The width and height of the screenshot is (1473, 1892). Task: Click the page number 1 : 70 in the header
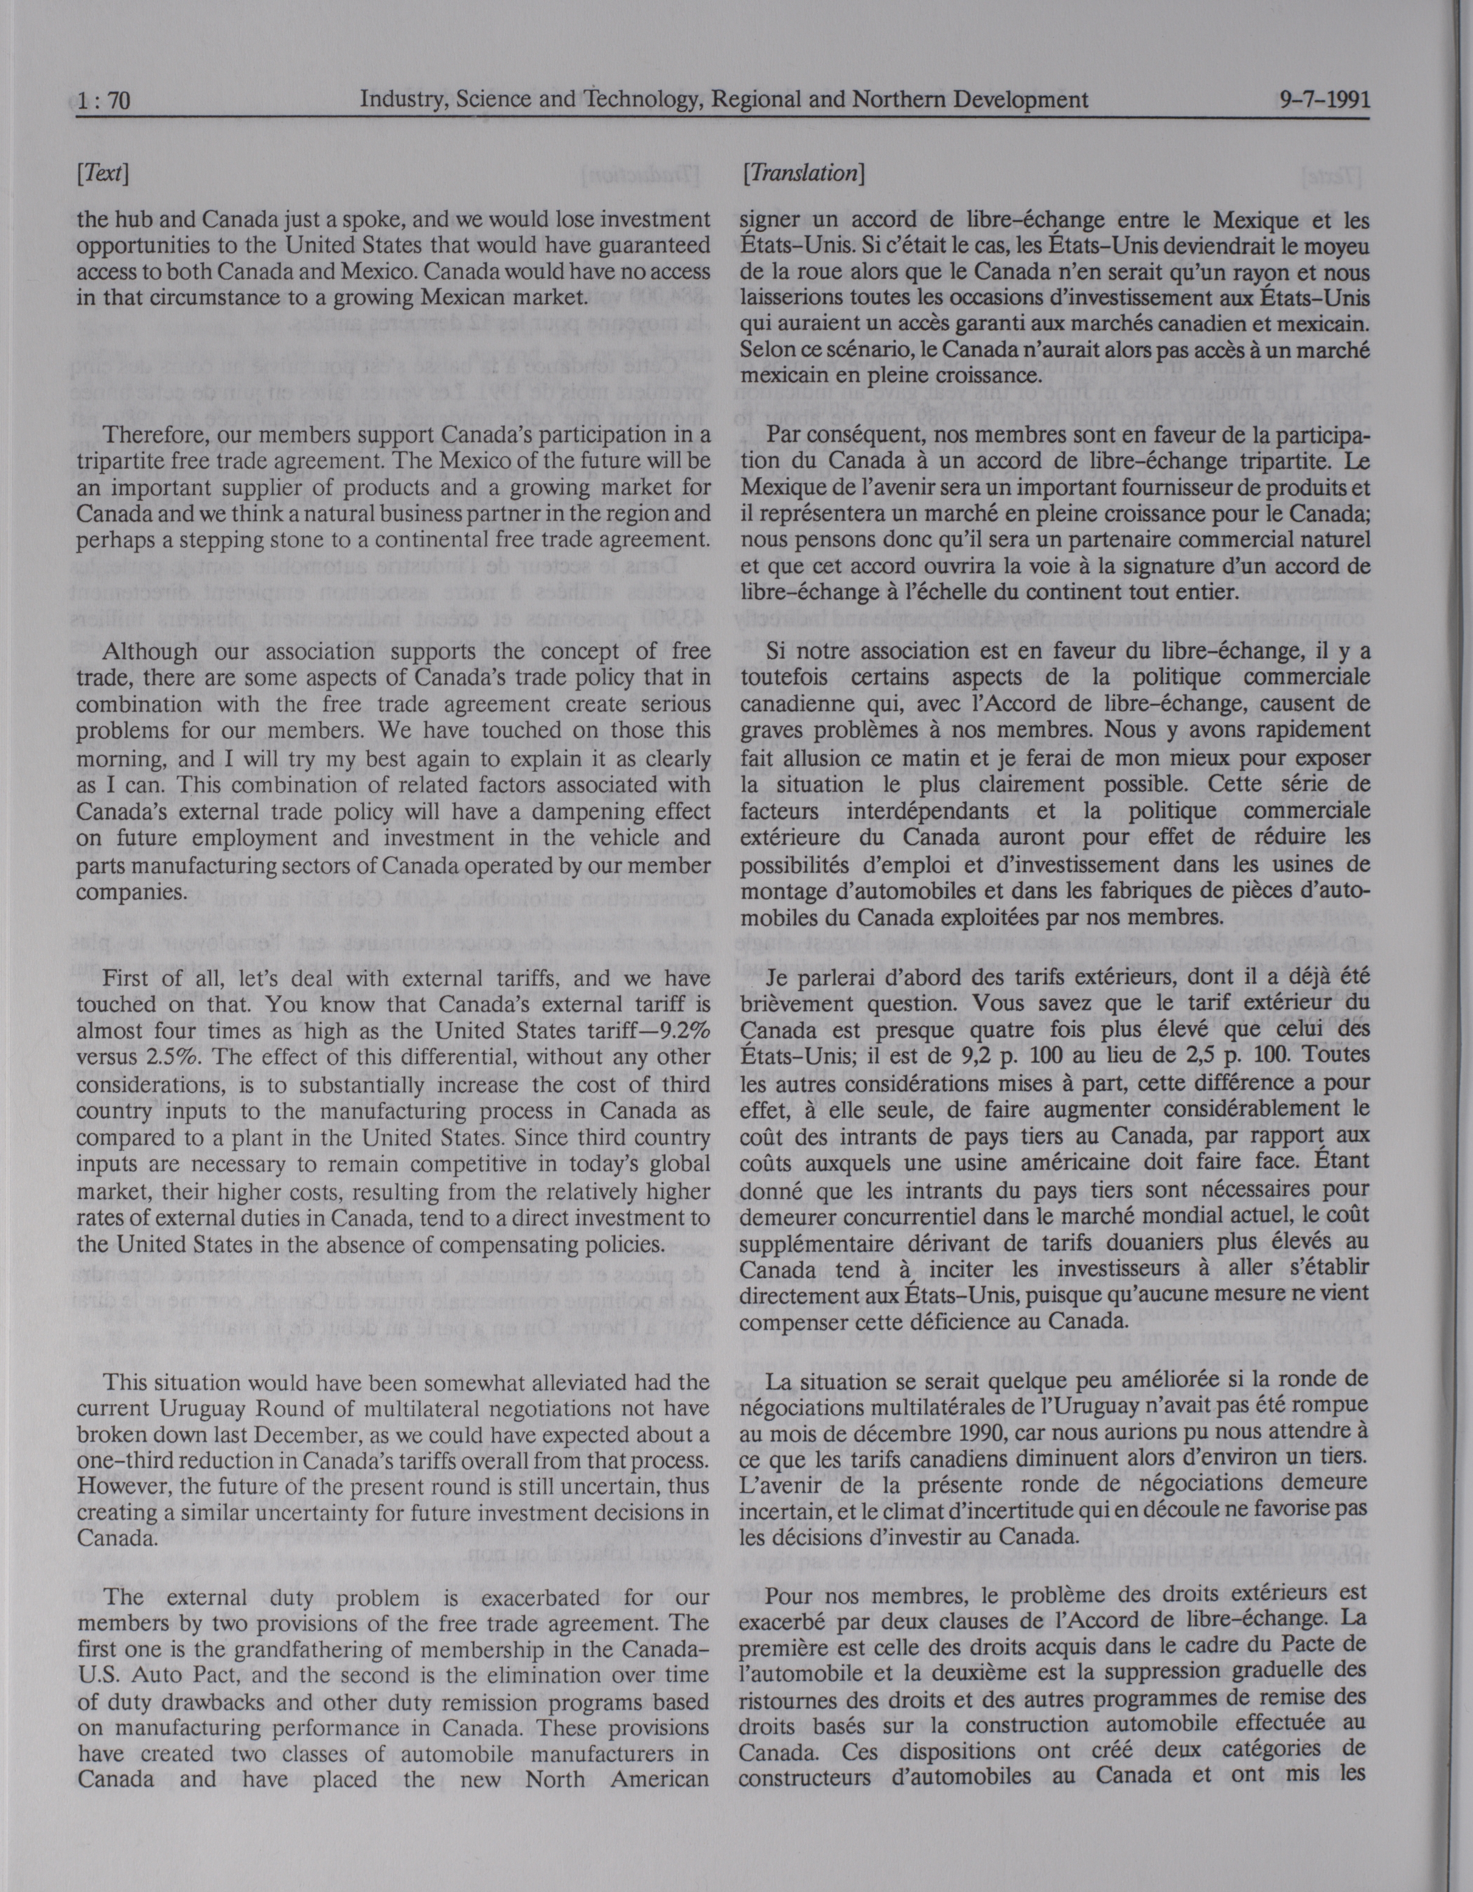(103, 102)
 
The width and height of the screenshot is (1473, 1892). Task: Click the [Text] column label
(102, 174)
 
